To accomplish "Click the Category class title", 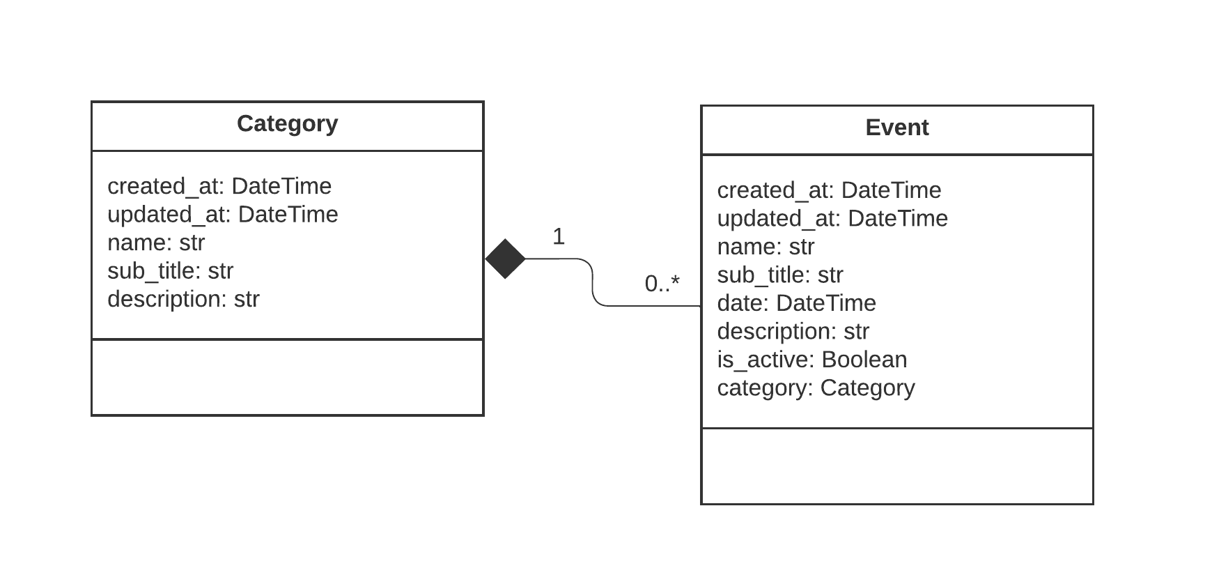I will [x=287, y=124].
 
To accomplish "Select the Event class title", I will [x=896, y=128].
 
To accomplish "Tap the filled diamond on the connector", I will [x=505, y=259].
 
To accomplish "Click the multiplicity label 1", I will [x=558, y=237].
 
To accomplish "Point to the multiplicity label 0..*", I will [x=662, y=284].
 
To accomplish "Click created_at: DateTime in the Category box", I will [x=219, y=186].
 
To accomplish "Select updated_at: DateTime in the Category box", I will [x=222, y=215].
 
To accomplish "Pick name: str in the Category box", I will [x=156, y=243].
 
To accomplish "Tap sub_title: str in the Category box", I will [x=170, y=271].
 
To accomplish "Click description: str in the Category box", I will [x=183, y=299].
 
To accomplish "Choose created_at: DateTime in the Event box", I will [x=829, y=190].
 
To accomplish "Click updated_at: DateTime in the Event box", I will [x=832, y=219].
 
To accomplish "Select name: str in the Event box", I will [x=766, y=247].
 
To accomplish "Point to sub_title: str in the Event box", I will [x=780, y=275].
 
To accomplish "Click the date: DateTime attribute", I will [x=796, y=303].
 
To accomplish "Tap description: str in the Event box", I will [x=793, y=332].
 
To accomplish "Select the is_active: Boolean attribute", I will [x=812, y=360].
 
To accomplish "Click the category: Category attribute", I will [x=816, y=388].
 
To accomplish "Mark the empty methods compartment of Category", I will [x=287, y=378].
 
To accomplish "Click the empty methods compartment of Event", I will [x=896, y=466].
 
